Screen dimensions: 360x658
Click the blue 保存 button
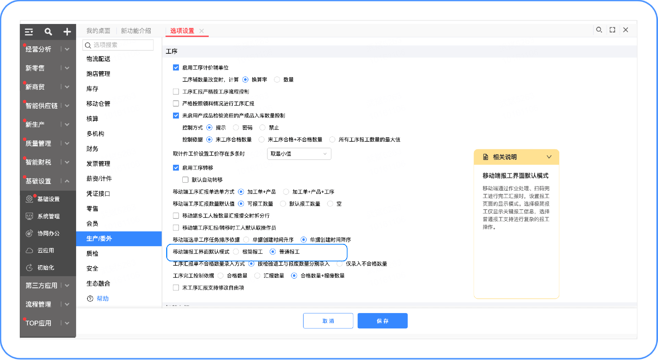(x=382, y=321)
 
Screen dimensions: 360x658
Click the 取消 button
(x=328, y=321)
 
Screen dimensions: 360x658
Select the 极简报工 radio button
(x=236, y=252)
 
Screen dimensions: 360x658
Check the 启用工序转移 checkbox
(x=176, y=168)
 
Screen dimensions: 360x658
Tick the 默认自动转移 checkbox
(x=185, y=180)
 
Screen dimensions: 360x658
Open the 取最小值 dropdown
(x=299, y=154)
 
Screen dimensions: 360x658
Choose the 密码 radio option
(x=236, y=128)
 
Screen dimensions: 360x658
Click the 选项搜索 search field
(x=118, y=45)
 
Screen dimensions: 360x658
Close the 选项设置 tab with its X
(x=202, y=31)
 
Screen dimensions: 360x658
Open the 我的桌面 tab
(x=98, y=31)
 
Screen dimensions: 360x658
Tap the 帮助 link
(x=102, y=299)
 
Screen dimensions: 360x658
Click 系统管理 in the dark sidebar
(x=48, y=216)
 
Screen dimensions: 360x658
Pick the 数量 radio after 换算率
(x=277, y=80)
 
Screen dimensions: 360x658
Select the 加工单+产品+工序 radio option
(x=286, y=192)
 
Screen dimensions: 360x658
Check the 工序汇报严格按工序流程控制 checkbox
(x=176, y=92)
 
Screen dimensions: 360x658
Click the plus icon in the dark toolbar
(x=67, y=32)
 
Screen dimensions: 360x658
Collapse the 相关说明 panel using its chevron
(x=549, y=157)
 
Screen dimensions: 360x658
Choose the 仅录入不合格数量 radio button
(x=339, y=264)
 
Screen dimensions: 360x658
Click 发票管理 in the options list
(x=98, y=164)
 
